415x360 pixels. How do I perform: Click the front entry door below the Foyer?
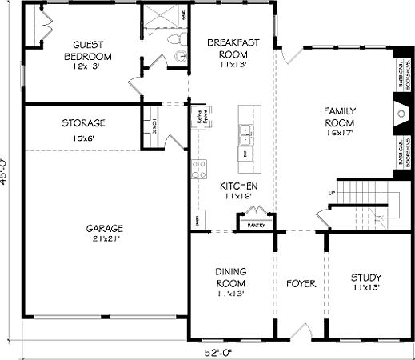pos(301,330)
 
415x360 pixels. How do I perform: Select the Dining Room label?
pos(230,282)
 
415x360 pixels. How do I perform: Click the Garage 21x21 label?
pos(105,234)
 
